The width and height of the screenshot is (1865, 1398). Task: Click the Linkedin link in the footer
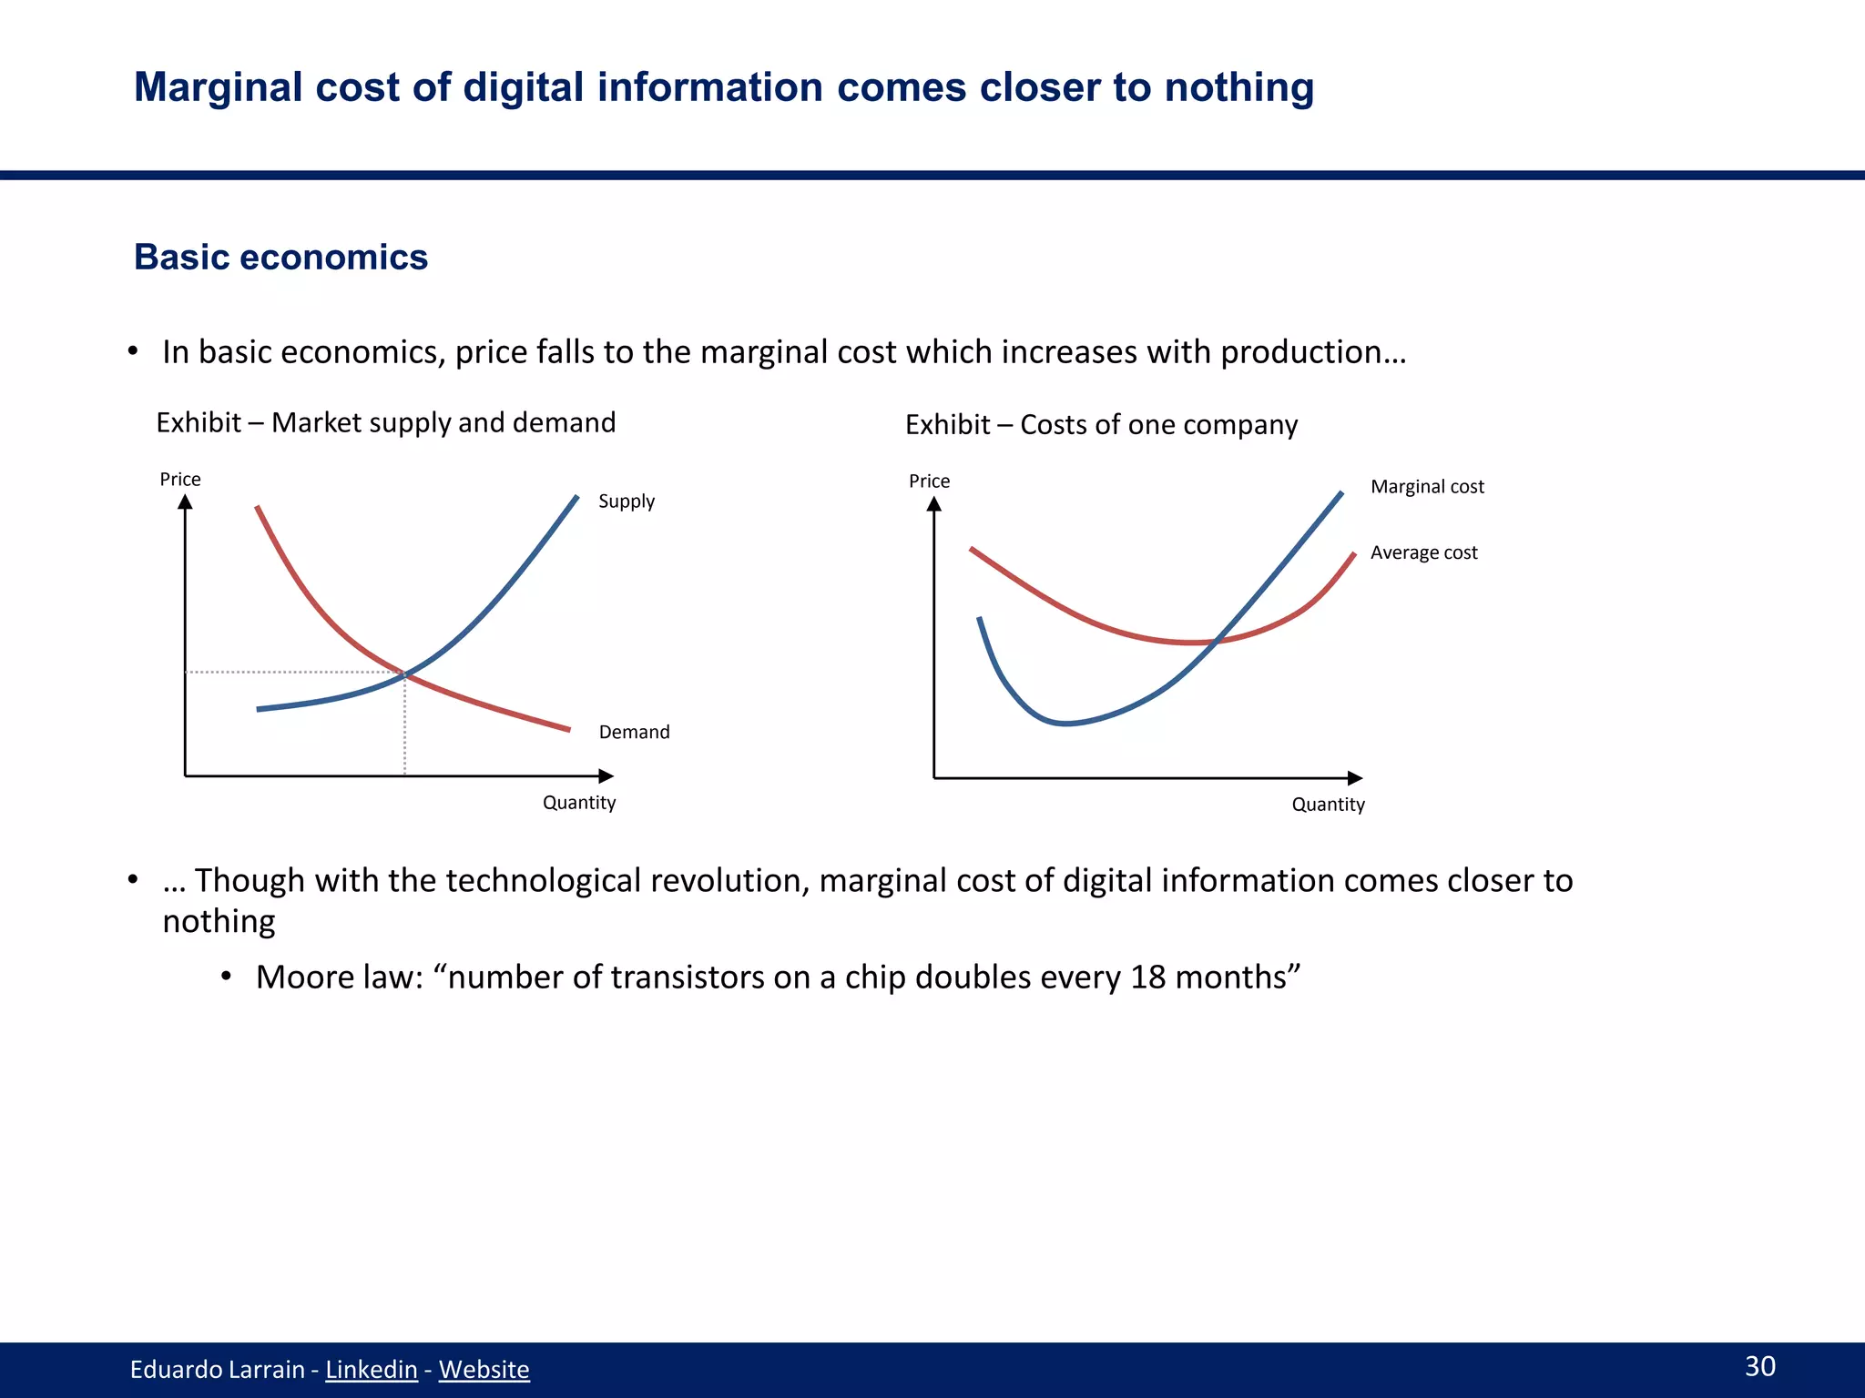point(371,1369)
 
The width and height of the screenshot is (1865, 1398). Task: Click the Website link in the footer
point(484,1369)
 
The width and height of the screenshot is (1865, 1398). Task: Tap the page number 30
point(1759,1365)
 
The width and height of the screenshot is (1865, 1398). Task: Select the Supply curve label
point(627,501)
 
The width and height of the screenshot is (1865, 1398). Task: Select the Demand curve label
point(634,732)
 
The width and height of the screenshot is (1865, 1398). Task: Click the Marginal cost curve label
point(1427,486)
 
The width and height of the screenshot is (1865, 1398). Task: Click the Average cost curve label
point(1423,552)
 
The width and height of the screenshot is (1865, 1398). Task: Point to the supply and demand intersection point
point(404,674)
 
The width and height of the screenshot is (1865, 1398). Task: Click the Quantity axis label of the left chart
point(579,802)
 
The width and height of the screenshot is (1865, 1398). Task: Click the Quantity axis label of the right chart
point(1328,804)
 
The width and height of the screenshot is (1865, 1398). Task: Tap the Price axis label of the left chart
point(180,479)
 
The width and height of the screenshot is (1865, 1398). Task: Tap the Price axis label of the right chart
point(929,481)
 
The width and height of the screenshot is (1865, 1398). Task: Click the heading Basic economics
point(280,257)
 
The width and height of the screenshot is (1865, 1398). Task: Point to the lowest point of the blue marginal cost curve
point(1065,724)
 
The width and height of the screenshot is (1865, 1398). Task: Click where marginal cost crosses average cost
point(1216,641)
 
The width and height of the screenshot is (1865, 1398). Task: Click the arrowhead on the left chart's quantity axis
point(606,775)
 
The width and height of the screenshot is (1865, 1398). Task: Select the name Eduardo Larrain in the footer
point(217,1369)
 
